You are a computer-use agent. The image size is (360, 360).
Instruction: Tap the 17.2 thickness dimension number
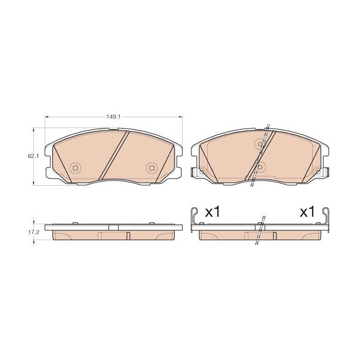[x=34, y=232]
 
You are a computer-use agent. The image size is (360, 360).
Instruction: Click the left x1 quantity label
[x=212, y=212]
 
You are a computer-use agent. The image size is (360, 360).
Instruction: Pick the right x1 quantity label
[x=307, y=212]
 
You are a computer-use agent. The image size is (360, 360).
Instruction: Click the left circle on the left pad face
[x=75, y=168]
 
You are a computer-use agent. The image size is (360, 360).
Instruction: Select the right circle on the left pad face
[x=152, y=168]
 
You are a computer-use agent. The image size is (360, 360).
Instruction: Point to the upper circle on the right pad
[x=260, y=144]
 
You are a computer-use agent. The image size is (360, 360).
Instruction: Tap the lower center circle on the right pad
[x=260, y=167]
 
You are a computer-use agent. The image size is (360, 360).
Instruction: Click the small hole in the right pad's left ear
[x=202, y=172]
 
